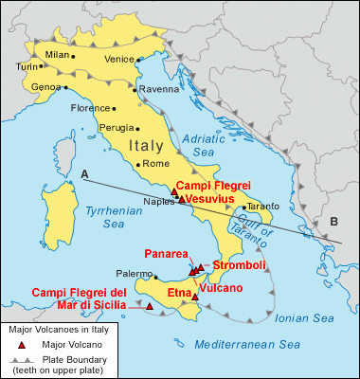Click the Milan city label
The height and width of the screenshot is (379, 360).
pos(58,55)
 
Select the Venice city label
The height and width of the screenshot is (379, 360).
pos(119,59)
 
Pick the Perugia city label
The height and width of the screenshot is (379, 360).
pos(117,127)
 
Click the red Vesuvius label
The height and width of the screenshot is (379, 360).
pos(214,200)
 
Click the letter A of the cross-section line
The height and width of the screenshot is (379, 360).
pos(85,174)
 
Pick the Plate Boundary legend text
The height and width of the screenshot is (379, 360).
pos(77,360)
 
